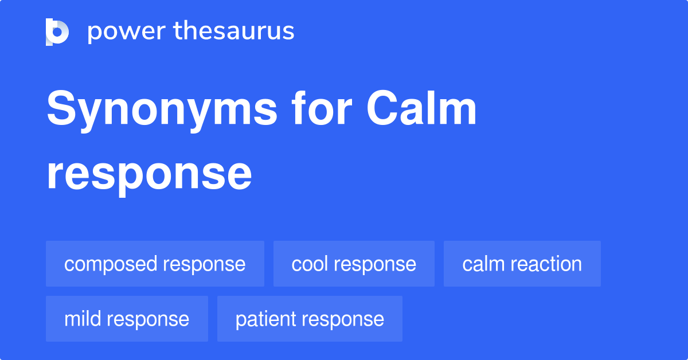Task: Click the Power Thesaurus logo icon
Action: pyautogui.click(x=57, y=32)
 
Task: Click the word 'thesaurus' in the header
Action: pyautogui.click(x=234, y=32)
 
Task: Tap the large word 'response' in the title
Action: pyautogui.click(x=149, y=174)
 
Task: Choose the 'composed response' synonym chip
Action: pyautogui.click(x=155, y=264)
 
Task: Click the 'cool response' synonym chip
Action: pyautogui.click(x=354, y=264)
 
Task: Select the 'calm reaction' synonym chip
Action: pyautogui.click(x=522, y=264)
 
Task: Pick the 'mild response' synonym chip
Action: pyautogui.click(x=127, y=319)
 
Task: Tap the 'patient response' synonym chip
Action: pyautogui.click(x=310, y=319)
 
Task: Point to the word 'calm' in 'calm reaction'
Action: pyautogui.click(x=482, y=264)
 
